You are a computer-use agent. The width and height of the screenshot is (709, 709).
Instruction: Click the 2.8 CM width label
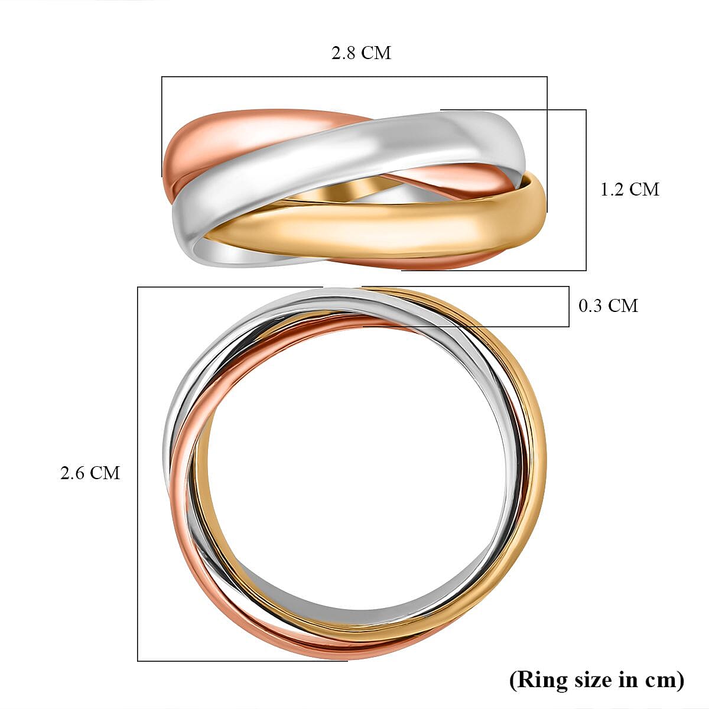click(361, 53)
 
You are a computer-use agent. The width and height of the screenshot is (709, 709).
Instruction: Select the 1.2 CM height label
click(629, 189)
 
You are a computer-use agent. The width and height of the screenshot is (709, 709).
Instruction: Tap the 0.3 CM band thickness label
click(608, 305)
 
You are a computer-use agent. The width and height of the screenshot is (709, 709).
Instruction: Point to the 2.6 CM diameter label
click(90, 473)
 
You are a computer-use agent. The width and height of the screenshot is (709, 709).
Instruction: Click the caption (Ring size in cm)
click(597, 679)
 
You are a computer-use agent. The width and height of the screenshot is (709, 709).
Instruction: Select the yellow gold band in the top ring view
click(378, 225)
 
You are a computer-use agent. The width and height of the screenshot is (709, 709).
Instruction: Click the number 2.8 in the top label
click(344, 53)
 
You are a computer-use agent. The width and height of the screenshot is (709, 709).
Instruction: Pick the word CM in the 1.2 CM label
click(644, 189)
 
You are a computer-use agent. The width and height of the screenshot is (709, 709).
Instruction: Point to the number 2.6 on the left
click(73, 473)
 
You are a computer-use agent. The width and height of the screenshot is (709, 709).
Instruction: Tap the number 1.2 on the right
click(612, 189)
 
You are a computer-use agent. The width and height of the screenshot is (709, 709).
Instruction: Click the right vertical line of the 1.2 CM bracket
click(586, 189)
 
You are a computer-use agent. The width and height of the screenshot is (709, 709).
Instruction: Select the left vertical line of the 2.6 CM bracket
click(138, 473)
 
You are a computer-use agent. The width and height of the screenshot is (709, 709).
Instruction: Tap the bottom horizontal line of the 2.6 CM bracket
click(242, 661)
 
